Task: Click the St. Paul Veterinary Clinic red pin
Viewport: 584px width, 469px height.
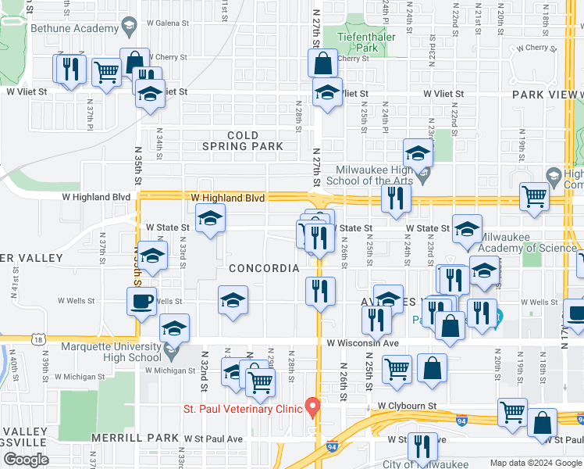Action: (x=312, y=406)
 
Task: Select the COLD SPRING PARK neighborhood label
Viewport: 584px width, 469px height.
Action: (x=242, y=141)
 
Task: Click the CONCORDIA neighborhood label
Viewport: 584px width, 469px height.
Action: (x=265, y=268)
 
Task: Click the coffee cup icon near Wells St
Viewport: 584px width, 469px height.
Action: (x=141, y=302)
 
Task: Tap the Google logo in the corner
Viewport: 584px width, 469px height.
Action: (x=26, y=460)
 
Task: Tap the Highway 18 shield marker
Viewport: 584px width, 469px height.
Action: (x=38, y=339)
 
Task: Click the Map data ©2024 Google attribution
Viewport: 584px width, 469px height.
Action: (x=536, y=463)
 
